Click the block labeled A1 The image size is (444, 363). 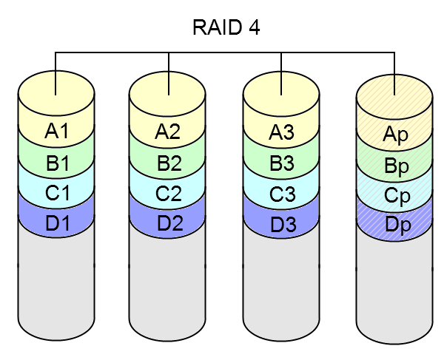pyautogui.click(x=56, y=132)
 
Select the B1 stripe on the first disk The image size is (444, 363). pyautogui.click(x=56, y=163)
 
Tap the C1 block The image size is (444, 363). pyautogui.click(x=56, y=194)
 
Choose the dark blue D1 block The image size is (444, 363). pyautogui.click(x=56, y=222)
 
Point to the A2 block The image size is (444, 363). pyautogui.click(x=168, y=132)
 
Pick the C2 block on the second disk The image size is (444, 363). pyautogui.click(x=168, y=194)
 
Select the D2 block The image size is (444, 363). pyautogui.click(x=168, y=223)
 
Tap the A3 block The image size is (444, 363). pyautogui.click(x=282, y=133)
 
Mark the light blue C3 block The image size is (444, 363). pyautogui.click(x=282, y=195)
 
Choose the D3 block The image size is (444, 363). pyautogui.click(x=282, y=223)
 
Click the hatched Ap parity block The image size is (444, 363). pyautogui.click(x=394, y=135)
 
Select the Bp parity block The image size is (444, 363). pyautogui.click(x=394, y=166)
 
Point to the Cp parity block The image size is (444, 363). pyautogui.click(x=394, y=196)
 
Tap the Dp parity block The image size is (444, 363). pyautogui.click(x=394, y=223)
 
